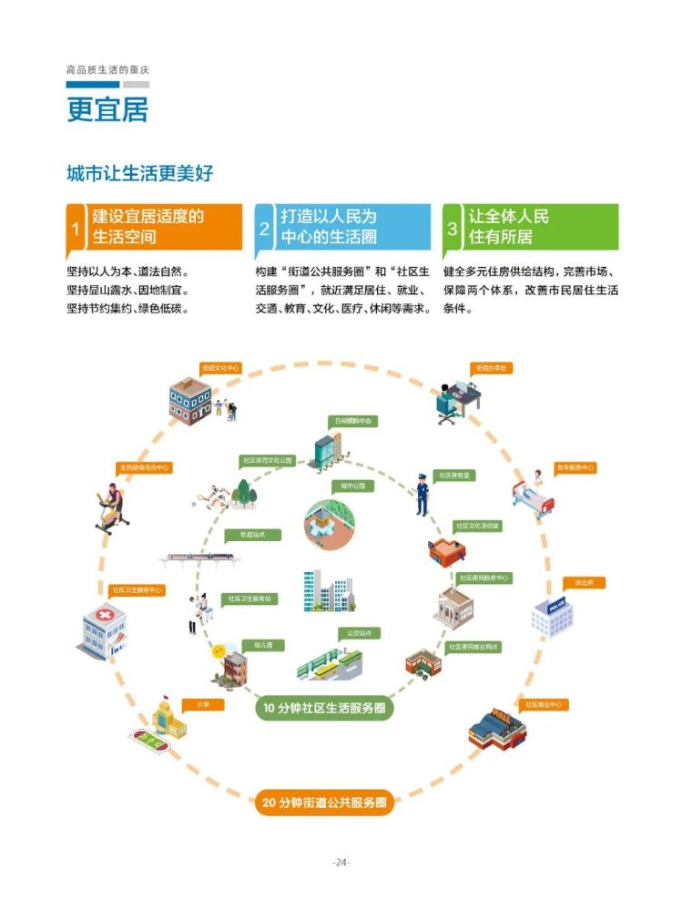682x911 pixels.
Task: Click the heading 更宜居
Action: (107, 108)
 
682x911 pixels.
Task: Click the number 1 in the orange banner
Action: (76, 228)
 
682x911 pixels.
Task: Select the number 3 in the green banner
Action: (451, 228)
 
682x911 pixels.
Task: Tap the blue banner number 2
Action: (264, 228)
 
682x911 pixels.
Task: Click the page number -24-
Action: (341, 862)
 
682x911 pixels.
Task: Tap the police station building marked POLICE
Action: (552, 617)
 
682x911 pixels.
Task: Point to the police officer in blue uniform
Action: (422, 492)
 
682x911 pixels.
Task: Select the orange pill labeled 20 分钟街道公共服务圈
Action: (324, 803)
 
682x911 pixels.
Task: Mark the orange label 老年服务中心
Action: (574, 467)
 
